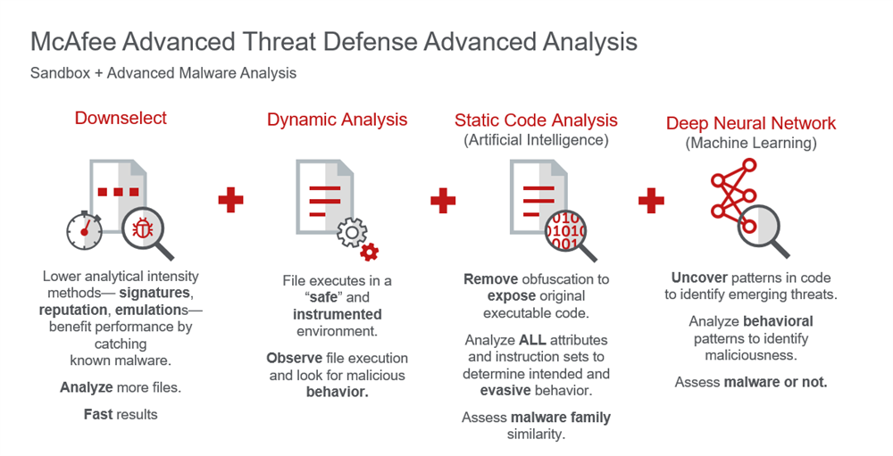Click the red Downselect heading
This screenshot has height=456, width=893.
121,118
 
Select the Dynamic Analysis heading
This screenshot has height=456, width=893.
338,120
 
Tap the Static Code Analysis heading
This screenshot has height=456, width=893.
536,120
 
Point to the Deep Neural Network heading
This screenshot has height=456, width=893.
751,123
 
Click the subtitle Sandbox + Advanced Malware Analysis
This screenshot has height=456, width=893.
163,73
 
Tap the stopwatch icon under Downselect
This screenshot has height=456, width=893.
84,230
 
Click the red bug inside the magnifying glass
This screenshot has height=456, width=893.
142,228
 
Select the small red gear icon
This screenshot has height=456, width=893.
370,251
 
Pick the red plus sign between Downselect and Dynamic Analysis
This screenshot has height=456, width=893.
230,200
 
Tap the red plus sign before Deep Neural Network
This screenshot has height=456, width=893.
651,201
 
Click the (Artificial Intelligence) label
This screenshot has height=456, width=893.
536,140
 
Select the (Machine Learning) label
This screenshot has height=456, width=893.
751,143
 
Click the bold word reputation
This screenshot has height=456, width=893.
73,310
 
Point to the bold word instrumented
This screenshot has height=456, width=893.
338,314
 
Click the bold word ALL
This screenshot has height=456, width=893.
532,340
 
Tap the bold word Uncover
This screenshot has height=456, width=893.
699,278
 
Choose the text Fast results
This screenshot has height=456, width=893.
121,414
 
